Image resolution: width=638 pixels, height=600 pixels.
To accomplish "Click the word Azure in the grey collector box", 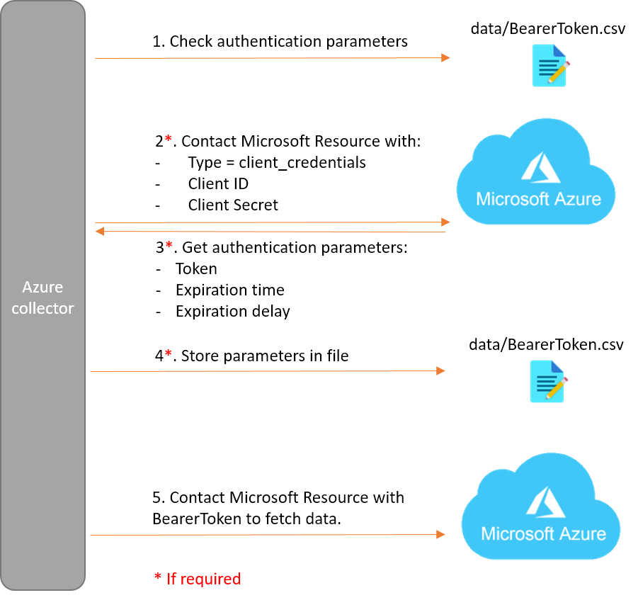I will [42, 287].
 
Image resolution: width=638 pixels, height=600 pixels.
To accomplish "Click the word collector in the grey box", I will [42, 309].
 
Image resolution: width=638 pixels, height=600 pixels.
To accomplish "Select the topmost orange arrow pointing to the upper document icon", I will [269, 58].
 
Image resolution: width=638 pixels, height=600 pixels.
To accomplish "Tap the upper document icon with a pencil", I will [549, 65].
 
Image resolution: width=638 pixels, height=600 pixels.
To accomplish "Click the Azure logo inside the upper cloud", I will [540, 168].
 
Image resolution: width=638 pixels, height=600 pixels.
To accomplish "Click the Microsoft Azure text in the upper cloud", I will [538, 199].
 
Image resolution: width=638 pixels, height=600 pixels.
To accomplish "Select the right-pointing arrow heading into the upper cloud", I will [269, 222].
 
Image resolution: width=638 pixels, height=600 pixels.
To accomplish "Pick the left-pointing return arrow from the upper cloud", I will [269, 232].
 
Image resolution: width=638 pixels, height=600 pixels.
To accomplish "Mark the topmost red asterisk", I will [168, 138].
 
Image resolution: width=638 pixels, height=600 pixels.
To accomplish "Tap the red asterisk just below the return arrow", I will [169, 245].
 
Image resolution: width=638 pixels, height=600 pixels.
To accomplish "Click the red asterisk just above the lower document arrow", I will [168, 353].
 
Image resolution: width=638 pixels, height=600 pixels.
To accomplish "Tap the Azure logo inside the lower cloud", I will [545, 502].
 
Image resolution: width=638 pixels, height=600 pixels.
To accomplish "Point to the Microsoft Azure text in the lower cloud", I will [543, 533].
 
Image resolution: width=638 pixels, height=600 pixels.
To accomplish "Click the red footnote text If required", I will [203, 579].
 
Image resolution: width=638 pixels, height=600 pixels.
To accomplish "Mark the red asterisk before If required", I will [158, 578].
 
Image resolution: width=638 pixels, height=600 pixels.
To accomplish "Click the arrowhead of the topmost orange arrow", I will [445, 58].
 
